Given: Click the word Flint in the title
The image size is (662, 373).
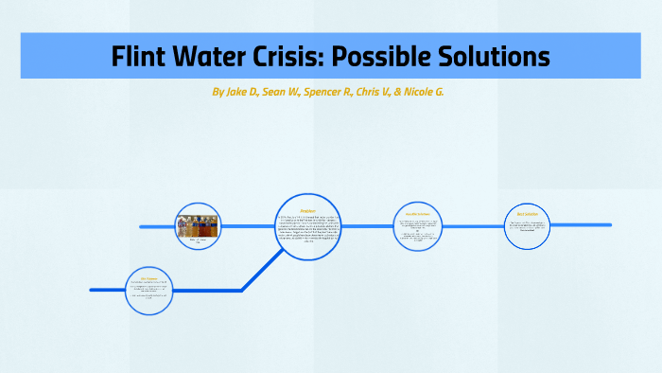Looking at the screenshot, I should point(143,57).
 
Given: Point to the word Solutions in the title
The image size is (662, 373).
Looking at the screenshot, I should point(497,57).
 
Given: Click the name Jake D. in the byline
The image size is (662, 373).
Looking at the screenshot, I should point(238,93).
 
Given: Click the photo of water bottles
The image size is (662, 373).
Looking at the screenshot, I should point(198,225).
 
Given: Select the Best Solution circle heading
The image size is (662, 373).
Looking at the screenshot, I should point(526,215).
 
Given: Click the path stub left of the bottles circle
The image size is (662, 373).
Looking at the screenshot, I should point(157,227).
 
